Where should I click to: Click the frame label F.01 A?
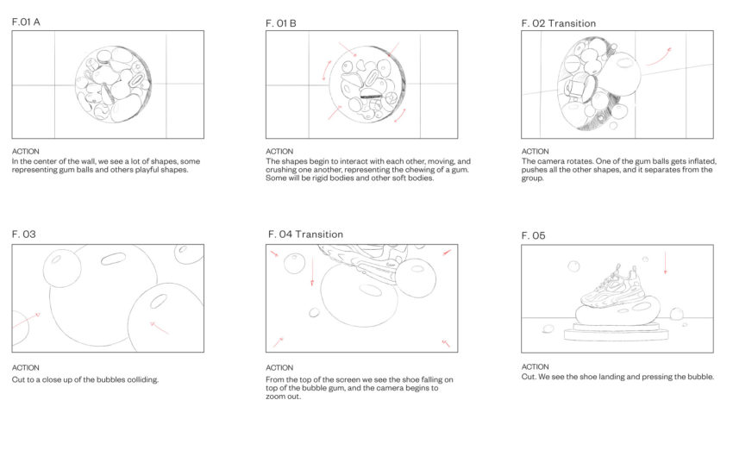click(x=26, y=22)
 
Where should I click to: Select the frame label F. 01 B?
click(x=281, y=23)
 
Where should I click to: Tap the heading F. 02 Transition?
click(x=559, y=23)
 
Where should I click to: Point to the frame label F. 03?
click(x=24, y=234)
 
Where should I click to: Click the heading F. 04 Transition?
click(x=306, y=234)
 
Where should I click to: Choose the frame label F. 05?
click(x=534, y=235)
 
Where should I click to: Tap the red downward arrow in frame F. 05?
click(x=665, y=263)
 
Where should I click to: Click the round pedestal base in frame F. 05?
click(x=617, y=332)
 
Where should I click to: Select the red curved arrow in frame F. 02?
click(x=659, y=58)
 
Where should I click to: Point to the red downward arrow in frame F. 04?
click(x=312, y=271)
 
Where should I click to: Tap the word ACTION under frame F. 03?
click(x=25, y=368)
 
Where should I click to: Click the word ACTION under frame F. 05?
click(x=536, y=367)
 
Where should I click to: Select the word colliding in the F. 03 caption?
click(x=145, y=379)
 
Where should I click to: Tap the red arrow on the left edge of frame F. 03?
click(x=26, y=320)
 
